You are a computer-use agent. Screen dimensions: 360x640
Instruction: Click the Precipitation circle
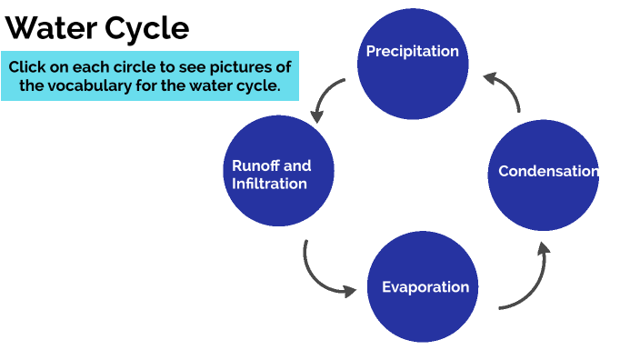pyautogui.click(x=414, y=65)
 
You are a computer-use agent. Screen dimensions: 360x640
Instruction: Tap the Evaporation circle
pyautogui.click(x=424, y=287)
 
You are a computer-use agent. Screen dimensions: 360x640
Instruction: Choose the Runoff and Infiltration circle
pyautogui.click(x=278, y=170)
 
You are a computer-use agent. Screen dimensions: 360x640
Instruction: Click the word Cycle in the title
pyautogui.click(x=145, y=28)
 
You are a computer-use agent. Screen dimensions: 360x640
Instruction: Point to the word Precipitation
pyautogui.click(x=413, y=51)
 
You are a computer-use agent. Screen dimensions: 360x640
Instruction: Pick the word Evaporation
pyautogui.click(x=425, y=287)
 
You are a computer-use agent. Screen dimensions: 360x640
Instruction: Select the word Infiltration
pyautogui.click(x=270, y=184)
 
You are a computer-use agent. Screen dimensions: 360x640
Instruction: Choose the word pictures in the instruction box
pyautogui.click(x=245, y=67)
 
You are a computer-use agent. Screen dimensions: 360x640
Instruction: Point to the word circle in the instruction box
pyautogui.click(x=145, y=67)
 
